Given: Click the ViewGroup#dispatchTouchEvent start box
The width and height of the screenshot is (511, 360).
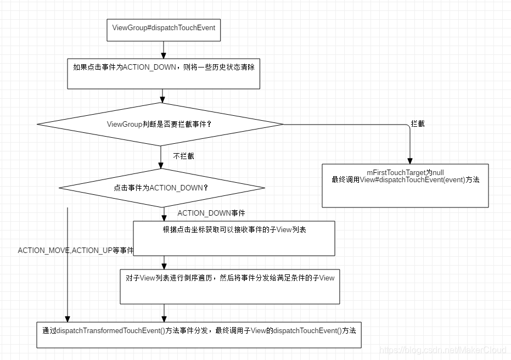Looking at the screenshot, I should [x=164, y=30].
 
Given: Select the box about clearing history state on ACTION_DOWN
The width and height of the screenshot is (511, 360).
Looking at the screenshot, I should [x=164, y=74].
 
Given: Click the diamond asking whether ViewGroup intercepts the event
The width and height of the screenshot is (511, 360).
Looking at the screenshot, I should [x=160, y=124].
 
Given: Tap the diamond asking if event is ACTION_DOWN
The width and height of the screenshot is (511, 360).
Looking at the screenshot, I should [x=161, y=188].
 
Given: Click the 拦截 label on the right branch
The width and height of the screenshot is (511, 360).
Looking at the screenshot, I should [x=418, y=124].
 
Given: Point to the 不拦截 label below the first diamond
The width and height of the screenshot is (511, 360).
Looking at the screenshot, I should [x=183, y=156].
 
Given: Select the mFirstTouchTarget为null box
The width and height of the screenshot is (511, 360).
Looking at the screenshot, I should [x=405, y=185].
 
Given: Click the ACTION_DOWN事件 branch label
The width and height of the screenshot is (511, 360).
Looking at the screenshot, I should [x=211, y=213].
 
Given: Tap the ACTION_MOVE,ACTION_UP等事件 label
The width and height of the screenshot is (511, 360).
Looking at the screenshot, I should [x=76, y=250].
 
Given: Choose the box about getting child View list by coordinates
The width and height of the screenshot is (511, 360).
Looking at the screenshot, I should [x=234, y=238].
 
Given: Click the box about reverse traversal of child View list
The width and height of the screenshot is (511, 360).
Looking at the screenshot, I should [x=229, y=286].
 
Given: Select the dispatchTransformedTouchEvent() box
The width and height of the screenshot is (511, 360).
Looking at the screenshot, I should [x=199, y=335].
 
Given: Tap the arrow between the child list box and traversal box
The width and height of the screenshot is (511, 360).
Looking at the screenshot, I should [x=164, y=262].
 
